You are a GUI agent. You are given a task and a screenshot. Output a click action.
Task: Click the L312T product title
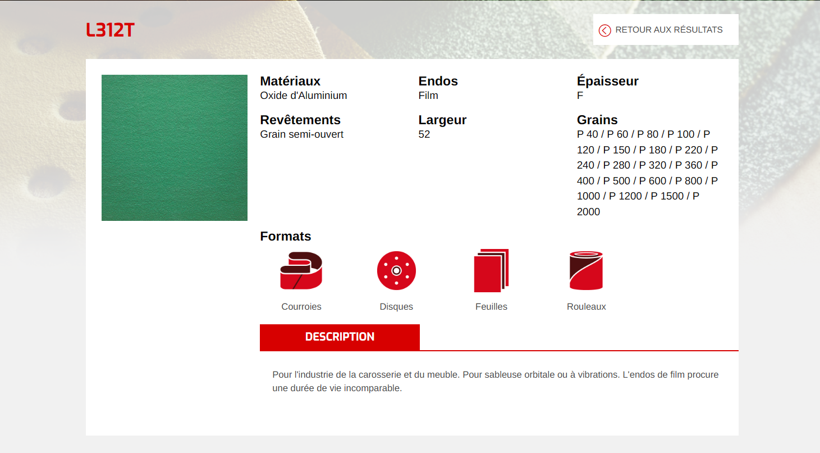pos(110,30)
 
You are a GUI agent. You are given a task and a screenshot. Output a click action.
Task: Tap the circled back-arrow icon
pos(604,30)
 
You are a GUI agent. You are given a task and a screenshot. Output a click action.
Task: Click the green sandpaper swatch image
pos(174,148)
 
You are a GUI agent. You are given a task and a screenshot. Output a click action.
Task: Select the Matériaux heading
pos(290,81)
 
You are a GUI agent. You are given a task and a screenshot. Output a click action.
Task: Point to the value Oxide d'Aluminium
pos(304,96)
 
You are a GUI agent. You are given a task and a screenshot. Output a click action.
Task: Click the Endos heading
pos(438,81)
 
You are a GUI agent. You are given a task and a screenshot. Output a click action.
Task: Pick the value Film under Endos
pos(428,96)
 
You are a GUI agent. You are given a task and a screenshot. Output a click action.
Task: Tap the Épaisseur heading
pos(607,81)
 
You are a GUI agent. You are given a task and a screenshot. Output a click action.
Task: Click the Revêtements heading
pos(300,120)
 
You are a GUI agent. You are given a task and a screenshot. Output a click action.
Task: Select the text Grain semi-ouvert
pos(301,134)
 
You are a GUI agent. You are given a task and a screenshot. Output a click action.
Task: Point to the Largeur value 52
pos(424,134)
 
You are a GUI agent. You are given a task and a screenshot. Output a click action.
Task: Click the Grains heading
pos(597,120)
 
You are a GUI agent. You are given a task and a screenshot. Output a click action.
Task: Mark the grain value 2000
pos(588,212)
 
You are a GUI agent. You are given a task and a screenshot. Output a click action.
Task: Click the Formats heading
pos(286,237)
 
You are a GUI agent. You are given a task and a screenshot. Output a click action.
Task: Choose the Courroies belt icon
pos(301,270)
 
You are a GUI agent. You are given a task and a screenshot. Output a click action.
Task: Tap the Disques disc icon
pos(396,270)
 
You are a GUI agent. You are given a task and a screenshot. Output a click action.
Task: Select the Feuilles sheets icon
pos(491,270)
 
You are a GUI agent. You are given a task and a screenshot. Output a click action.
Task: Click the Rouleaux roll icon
pos(586,270)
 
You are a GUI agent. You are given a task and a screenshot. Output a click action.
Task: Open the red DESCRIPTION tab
pos(340,337)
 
